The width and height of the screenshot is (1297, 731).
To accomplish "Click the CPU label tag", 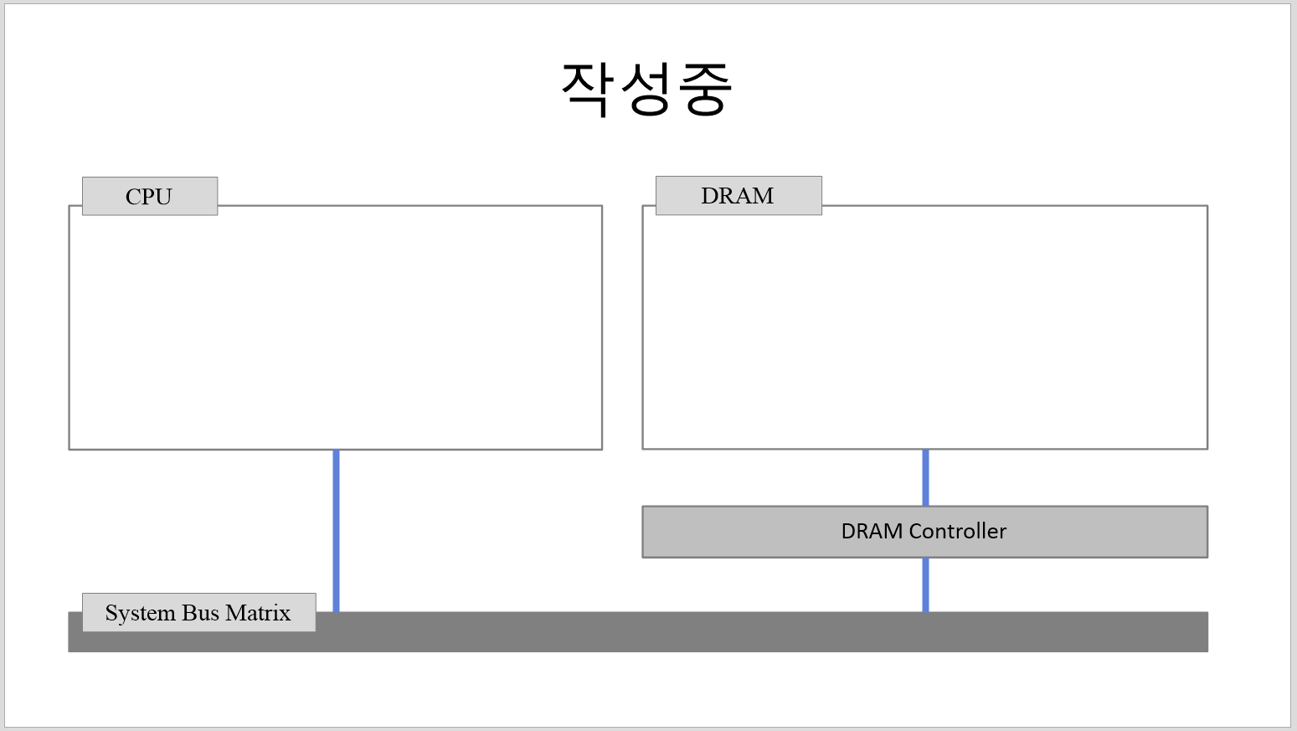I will click(149, 196).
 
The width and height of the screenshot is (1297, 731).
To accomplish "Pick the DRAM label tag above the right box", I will click(738, 195).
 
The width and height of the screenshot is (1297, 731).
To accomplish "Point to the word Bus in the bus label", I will click(200, 613).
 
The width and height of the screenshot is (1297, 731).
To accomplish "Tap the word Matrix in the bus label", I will click(258, 613).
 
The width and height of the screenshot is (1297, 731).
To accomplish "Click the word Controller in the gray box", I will click(958, 531).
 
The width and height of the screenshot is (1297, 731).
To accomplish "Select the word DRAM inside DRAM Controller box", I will click(872, 531).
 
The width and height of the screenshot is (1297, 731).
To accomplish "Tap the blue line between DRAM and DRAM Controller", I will click(925, 477).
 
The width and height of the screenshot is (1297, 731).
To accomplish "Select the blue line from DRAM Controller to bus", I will click(925, 584).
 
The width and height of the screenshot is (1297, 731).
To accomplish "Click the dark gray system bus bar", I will click(754, 632).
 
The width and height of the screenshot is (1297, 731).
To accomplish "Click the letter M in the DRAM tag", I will click(763, 195).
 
